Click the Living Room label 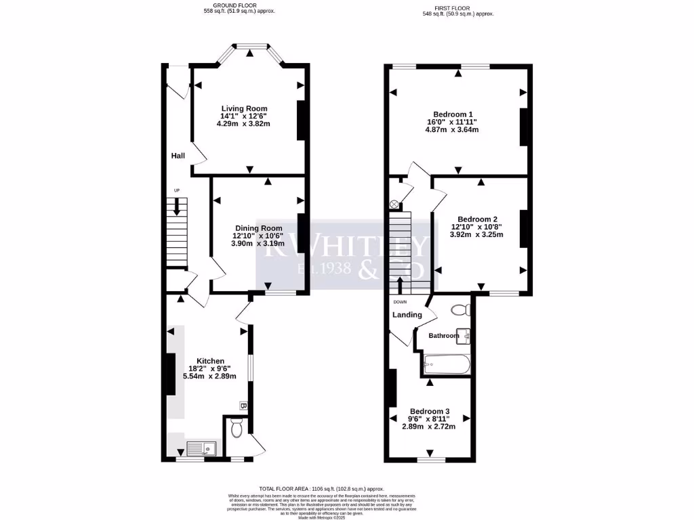245,108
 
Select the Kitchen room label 210,361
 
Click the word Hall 178,156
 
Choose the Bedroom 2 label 477,219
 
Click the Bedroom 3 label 429,411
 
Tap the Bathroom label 444,336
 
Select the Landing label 407,315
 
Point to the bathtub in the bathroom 446,366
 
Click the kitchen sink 200,448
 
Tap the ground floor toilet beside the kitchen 235,428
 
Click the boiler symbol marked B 243,406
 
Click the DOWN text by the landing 400,302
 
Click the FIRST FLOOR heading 458,7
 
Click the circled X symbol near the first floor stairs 394,204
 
